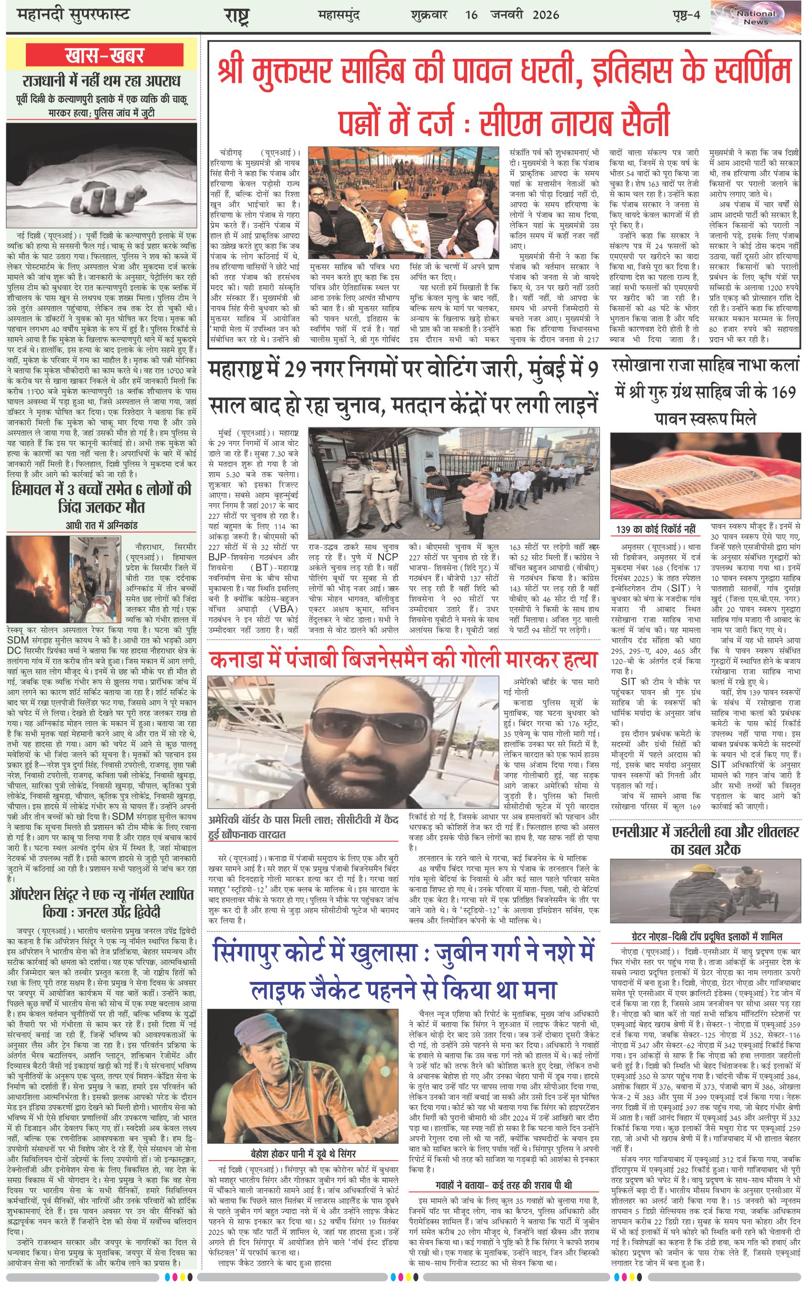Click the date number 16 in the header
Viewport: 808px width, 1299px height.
471,15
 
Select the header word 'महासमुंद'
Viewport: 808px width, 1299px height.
338,15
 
